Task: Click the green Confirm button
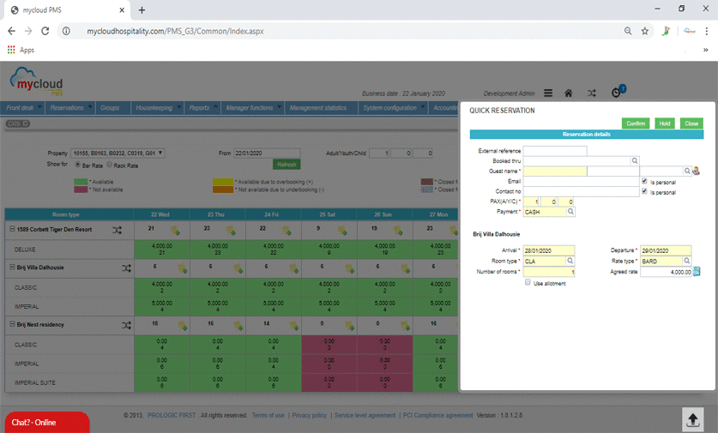coord(636,123)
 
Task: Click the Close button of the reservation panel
coord(691,123)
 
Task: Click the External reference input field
coord(555,151)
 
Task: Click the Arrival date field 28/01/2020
coord(548,250)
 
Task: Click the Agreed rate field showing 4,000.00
coord(665,272)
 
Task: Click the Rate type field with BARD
coord(661,261)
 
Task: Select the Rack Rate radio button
coord(110,164)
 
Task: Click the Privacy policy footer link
coord(309,415)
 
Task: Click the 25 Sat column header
coord(328,213)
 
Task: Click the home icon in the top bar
coord(568,93)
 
